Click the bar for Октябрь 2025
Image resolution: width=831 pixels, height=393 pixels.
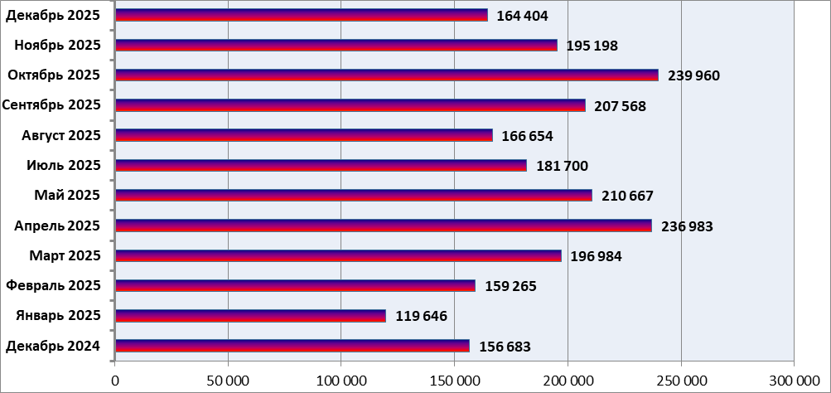pos(387,75)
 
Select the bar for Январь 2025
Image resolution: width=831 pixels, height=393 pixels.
pos(251,316)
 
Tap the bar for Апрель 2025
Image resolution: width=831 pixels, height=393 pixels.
pos(384,226)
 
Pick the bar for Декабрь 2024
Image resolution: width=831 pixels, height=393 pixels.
pos(292,346)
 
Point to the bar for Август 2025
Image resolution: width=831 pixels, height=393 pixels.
pos(304,135)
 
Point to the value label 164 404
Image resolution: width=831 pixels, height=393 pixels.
pos(522,16)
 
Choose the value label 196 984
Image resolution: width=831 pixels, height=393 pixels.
pos(596,256)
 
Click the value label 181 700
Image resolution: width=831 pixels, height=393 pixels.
pos(562,166)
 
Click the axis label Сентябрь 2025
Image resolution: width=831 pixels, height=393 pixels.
pos(51,105)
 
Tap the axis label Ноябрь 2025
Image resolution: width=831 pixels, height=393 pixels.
pos(57,45)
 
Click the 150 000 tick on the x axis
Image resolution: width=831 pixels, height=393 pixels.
pos(455,380)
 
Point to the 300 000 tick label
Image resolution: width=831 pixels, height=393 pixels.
pos(794,380)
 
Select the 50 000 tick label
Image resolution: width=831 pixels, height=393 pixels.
pos(228,380)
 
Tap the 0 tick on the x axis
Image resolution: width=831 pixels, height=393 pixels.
pos(115,380)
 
